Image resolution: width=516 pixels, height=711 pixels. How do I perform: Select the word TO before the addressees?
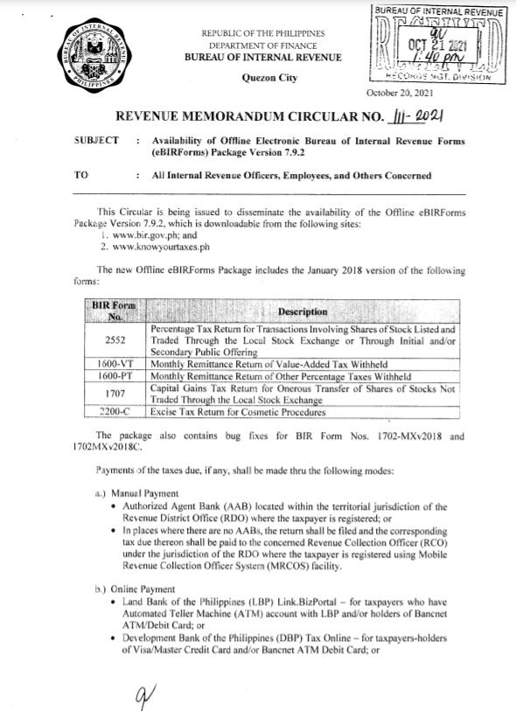82,175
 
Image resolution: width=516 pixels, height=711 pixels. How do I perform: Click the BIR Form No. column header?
116,312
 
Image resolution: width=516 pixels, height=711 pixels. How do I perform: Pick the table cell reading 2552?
116,340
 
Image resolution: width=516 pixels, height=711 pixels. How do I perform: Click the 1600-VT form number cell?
116,362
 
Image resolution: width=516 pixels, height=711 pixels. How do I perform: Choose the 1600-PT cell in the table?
116,373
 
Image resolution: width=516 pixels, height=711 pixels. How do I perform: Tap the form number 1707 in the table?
116,391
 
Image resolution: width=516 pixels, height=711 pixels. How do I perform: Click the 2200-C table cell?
116,412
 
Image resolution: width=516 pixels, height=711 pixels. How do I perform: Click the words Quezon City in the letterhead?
268,78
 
